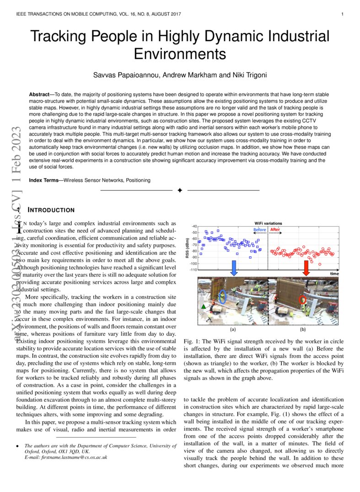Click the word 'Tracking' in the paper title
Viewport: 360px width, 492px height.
coord(60,37)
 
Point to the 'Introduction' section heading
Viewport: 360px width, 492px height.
coord(51,210)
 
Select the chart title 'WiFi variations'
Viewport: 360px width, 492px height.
coord(268,223)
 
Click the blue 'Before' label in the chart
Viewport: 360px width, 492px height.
coord(259,229)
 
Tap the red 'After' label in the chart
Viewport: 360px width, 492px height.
coord(275,229)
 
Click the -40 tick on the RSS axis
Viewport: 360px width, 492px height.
coord(194,226)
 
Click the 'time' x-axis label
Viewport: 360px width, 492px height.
coord(334,273)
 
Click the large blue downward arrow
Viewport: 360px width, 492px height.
coord(234,269)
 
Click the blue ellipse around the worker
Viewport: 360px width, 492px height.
coord(222,297)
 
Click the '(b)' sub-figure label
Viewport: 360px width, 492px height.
coord(302,329)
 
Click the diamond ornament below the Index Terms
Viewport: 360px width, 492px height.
coord(180,190)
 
